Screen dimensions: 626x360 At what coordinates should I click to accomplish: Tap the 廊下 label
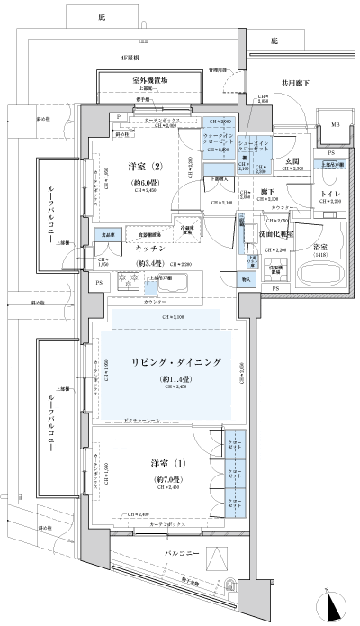point(268,192)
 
